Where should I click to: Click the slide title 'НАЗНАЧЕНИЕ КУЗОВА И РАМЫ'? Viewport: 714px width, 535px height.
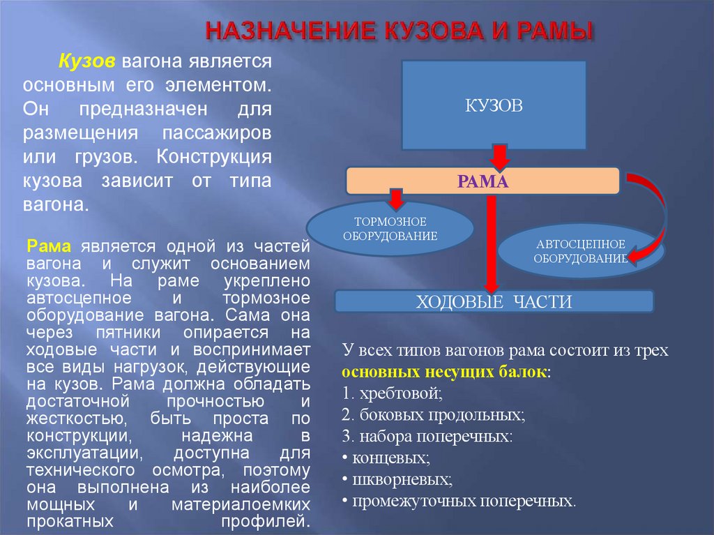click(400, 32)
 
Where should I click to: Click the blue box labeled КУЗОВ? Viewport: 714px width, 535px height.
click(494, 105)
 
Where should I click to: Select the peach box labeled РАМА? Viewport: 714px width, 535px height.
click(483, 181)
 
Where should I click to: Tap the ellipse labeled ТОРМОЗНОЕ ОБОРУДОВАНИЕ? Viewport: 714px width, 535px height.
click(390, 228)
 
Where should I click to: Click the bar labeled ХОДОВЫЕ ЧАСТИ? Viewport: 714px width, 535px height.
click(494, 301)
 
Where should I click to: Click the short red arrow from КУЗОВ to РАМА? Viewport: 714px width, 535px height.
click(499, 156)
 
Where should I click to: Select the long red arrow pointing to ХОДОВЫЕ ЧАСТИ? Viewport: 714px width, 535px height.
click(491, 244)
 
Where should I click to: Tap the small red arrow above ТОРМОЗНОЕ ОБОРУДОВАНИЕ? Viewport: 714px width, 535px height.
click(396, 198)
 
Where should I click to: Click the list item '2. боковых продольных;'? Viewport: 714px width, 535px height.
click(434, 415)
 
